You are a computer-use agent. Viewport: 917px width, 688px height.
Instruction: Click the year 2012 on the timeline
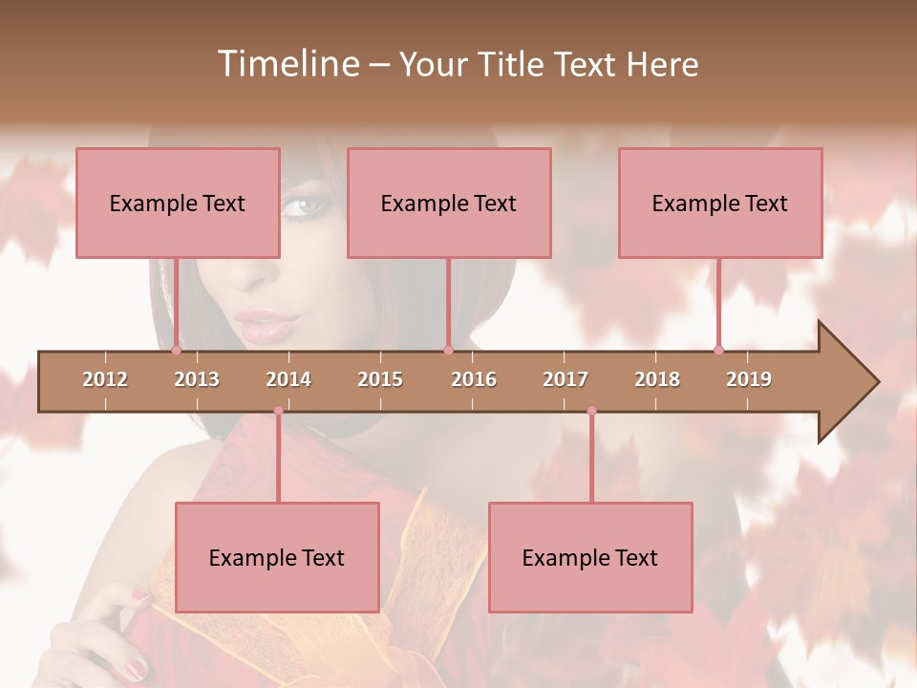click(105, 379)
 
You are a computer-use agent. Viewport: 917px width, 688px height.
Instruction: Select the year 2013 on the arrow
click(197, 379)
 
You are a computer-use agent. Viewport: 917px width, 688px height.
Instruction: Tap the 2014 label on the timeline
click(288, 379)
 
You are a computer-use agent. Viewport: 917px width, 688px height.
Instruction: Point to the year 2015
click(380, 379)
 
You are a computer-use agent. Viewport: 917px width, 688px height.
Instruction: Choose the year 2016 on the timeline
click(474, 379)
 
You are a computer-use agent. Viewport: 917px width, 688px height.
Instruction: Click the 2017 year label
click(565, 379)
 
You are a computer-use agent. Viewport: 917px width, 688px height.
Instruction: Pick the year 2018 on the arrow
click(657, 379)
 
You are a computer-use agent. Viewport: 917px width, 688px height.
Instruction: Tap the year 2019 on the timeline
click(749, 379)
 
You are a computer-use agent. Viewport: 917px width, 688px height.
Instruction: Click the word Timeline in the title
click(287, 64)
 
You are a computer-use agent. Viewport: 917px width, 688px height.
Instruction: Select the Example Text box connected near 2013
click(178, 203)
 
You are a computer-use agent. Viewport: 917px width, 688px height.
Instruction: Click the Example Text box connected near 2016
click(449, 203)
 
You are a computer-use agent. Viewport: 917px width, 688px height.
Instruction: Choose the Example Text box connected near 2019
click(720, 203)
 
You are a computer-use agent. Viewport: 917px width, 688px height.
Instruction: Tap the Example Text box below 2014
click(277, 557)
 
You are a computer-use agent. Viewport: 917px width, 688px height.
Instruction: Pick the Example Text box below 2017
click(590, 557)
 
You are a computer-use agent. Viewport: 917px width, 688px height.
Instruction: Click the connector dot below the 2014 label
click(278, 411)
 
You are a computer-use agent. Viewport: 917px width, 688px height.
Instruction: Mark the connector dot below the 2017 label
click(591, 411)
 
